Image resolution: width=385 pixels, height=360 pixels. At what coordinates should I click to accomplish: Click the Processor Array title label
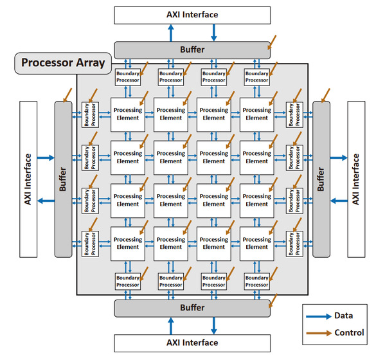point(63,63)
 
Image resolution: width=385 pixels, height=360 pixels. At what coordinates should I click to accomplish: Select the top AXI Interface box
point(192,15)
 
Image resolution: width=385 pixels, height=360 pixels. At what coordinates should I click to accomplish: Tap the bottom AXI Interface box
point(192,343)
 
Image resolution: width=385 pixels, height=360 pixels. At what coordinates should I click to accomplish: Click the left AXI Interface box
point(28,179)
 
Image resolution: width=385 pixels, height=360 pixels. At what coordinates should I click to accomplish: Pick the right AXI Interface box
point(356,179)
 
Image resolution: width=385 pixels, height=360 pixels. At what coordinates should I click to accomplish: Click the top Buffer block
point(192,50)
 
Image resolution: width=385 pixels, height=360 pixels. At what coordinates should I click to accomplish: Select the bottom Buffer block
point(192,308)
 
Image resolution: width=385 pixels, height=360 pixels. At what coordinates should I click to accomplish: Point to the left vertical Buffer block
point(63,179)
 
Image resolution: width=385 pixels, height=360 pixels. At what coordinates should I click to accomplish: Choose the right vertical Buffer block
point(321,179)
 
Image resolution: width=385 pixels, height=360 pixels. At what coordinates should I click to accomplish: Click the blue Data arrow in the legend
point(319,316)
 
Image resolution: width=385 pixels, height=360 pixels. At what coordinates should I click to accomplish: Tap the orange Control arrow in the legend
point(319,333)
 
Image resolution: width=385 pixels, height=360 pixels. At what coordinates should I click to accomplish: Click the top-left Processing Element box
point(128,114)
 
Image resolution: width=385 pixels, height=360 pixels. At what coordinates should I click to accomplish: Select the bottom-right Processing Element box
point(257,244)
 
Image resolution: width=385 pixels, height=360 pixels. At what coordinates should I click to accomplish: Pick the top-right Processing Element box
point(257,114)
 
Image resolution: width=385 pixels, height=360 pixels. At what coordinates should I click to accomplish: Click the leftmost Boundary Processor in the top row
point(128,77)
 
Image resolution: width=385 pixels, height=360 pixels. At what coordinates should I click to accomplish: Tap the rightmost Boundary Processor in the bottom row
point(257,282)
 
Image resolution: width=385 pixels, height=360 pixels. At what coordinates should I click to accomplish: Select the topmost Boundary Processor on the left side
point(90,114)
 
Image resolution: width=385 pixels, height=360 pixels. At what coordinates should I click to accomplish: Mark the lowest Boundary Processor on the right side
point(294,244)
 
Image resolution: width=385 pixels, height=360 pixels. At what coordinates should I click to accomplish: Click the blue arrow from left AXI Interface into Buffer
point(46,157)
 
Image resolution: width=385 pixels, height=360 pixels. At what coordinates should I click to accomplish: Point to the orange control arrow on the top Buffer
point(272,42)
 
